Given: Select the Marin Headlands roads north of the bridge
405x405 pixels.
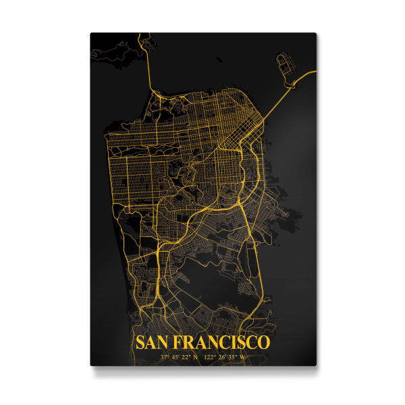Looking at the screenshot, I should tap(128, 57).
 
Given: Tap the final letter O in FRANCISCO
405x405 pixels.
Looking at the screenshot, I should tap(264, 342).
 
